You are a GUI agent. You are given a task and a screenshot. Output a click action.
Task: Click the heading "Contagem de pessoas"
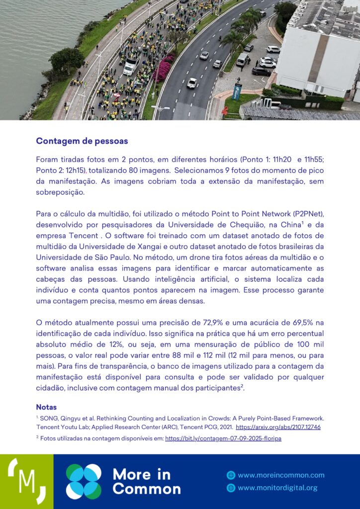(82, 141)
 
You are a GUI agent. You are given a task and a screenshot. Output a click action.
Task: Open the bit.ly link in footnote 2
(223, 438)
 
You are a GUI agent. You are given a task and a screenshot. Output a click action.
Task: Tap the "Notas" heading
(46, 407)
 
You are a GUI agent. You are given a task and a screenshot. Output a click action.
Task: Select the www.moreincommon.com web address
(281, 475)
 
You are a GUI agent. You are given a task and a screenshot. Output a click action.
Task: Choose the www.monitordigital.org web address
(277, 488)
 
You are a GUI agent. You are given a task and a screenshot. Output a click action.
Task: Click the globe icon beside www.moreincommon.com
(231, 475)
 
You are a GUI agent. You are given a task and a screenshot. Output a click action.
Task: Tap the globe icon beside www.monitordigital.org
(231, 488)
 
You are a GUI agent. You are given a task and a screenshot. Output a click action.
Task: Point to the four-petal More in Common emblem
(84, 481)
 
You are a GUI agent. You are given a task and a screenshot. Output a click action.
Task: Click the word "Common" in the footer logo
(147, 489)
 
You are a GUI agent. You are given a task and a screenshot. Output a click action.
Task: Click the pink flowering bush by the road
(163, 69)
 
